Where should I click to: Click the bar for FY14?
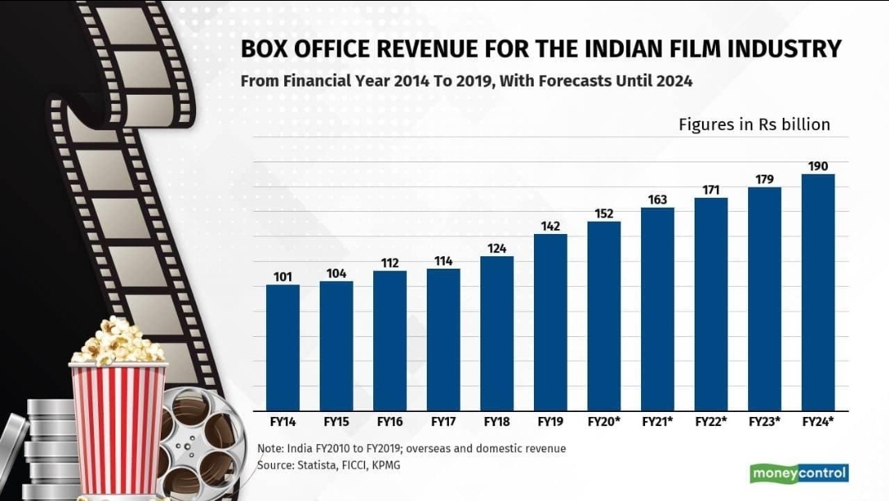(283, 347)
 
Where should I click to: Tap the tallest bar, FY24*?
(818, 292)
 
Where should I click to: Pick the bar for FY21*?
(657, 308)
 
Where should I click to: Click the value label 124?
(497, 247)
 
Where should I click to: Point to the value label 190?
(818, 166)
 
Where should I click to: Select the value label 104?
(336, 273)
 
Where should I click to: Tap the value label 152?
(604, 213)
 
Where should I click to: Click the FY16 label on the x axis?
(390, 422)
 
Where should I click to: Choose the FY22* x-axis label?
(711, 422)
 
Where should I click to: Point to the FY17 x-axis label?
(443, 422)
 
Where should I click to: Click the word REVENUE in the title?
(409, 49)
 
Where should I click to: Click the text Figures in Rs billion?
(754, 125)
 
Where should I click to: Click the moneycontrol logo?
(798, 474)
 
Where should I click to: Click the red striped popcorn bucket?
(119, 428)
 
